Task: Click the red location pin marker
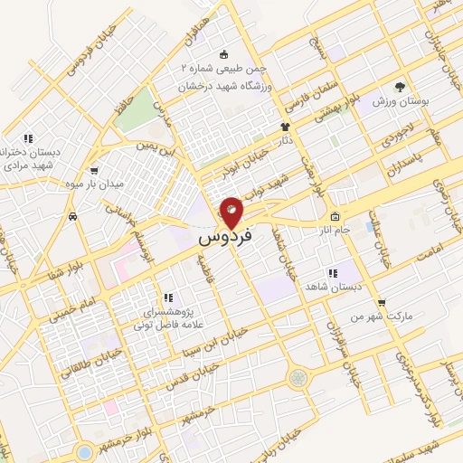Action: tap(231, 212)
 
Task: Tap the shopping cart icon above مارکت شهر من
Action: tap(383, 303)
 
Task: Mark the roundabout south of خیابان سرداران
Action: tap(297, 377)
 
